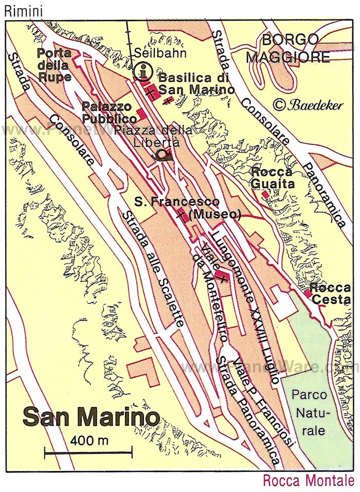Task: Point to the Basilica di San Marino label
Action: click(196, 83)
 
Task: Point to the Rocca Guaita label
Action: click(272, 177)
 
